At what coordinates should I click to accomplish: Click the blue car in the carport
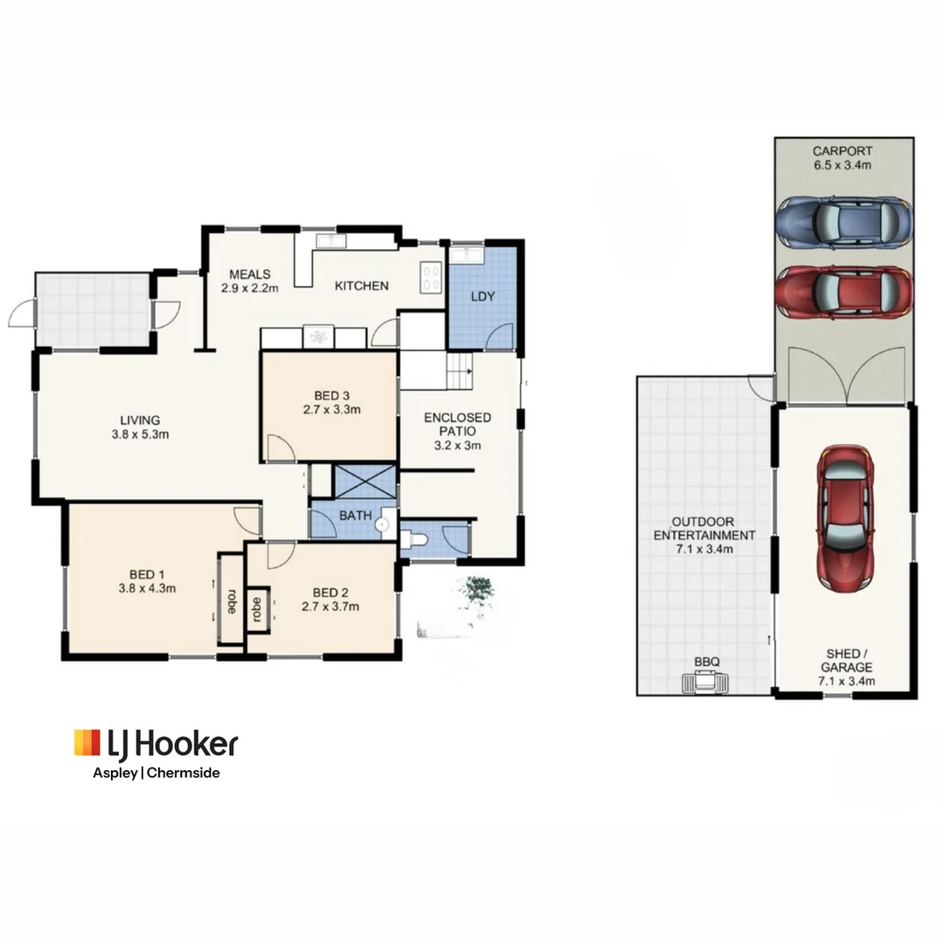pyautogui.click(x=843, y=223)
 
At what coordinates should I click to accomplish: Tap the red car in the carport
pyautogui.click(x=843, y=292)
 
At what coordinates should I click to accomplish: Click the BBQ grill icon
pyautogui.click(x=706, y=684)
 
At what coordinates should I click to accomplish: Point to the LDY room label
pyautogui.click(x=482, y=296)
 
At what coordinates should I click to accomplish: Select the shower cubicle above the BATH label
pyautogui.click(x=364, y=482)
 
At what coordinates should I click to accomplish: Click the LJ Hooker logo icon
pyautogui.click(x=87, y=742)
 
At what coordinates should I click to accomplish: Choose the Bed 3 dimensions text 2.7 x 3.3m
pyautogui.click(x=331, y=408)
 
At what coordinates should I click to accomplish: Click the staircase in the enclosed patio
pyautogui.click(x=459, y=371)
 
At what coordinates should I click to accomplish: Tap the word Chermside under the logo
pyautogui.click(x=185, y=773)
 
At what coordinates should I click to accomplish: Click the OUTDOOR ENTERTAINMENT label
pyautogui.click(x=705, y=535)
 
